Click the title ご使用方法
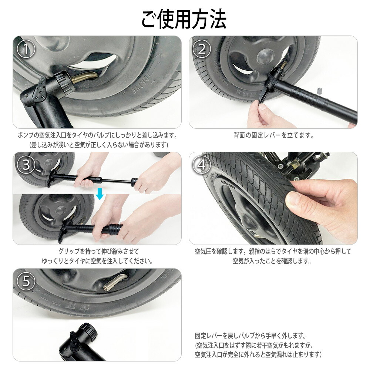coord(184,18)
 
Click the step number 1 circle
coord(26,49)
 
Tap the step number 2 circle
coord(202,49)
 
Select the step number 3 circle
coord(26,165)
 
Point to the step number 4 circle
coord(202,165)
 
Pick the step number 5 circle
coord(26,282)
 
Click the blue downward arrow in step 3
coord(100,194)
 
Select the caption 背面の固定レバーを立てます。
coord(273,135)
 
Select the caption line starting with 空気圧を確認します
coord(273,252)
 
